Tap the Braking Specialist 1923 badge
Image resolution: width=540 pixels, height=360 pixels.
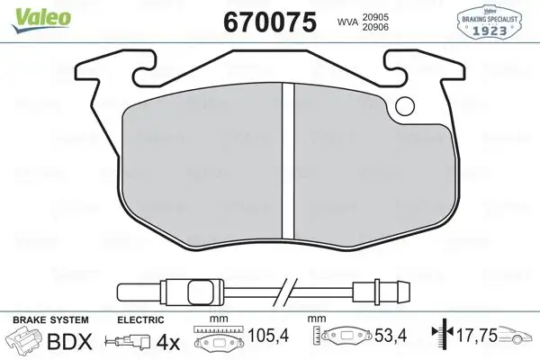pyautogui.click(x=490, y=20)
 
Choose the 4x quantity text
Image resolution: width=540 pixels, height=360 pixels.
pyautogui.click(x=167, y=342)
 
